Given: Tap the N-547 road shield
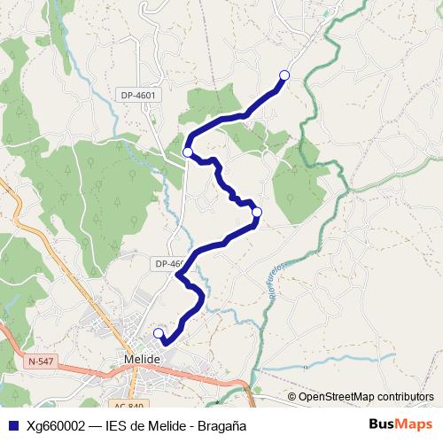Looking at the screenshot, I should coord(41,361).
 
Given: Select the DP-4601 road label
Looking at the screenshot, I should coord(137,94).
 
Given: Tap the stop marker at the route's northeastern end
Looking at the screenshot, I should coord(284,75).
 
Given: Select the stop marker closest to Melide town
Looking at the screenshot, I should coord(159,333).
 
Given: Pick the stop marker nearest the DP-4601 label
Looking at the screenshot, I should coord(188,152).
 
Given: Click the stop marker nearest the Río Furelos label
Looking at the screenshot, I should coord(257,213).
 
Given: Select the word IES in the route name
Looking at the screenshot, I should coord(117,424).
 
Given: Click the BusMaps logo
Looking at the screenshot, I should coord(400,424).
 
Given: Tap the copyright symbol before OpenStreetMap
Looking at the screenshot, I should coord(292,396).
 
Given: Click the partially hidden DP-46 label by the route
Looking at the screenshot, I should coord(168,263).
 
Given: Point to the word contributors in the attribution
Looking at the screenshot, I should coord(404,396).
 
